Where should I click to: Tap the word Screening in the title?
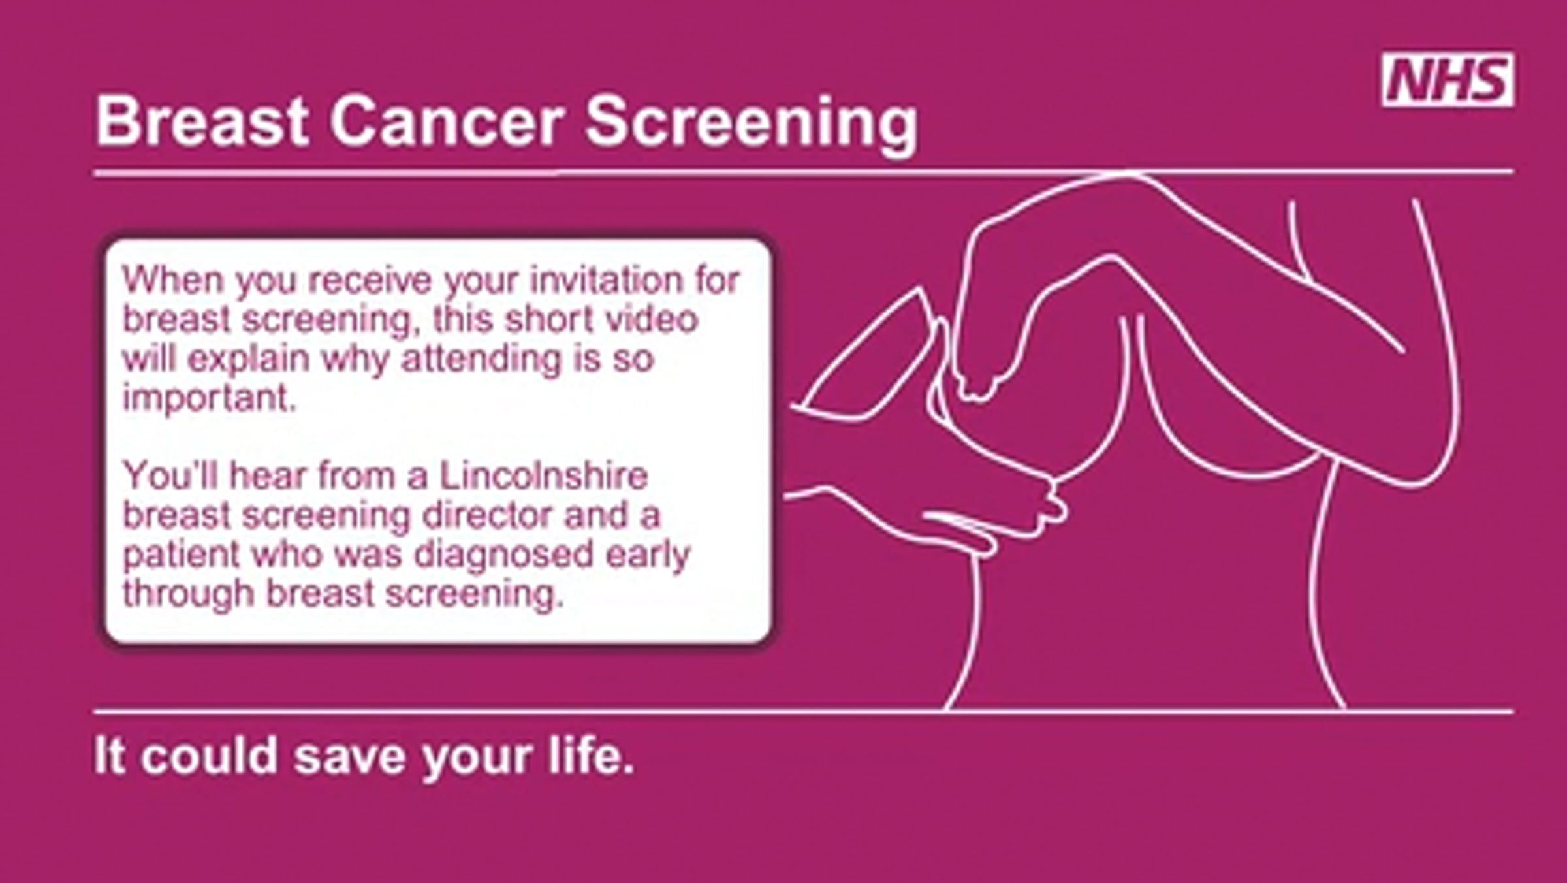click(752, 124)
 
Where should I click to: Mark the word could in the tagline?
click(209, 756)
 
